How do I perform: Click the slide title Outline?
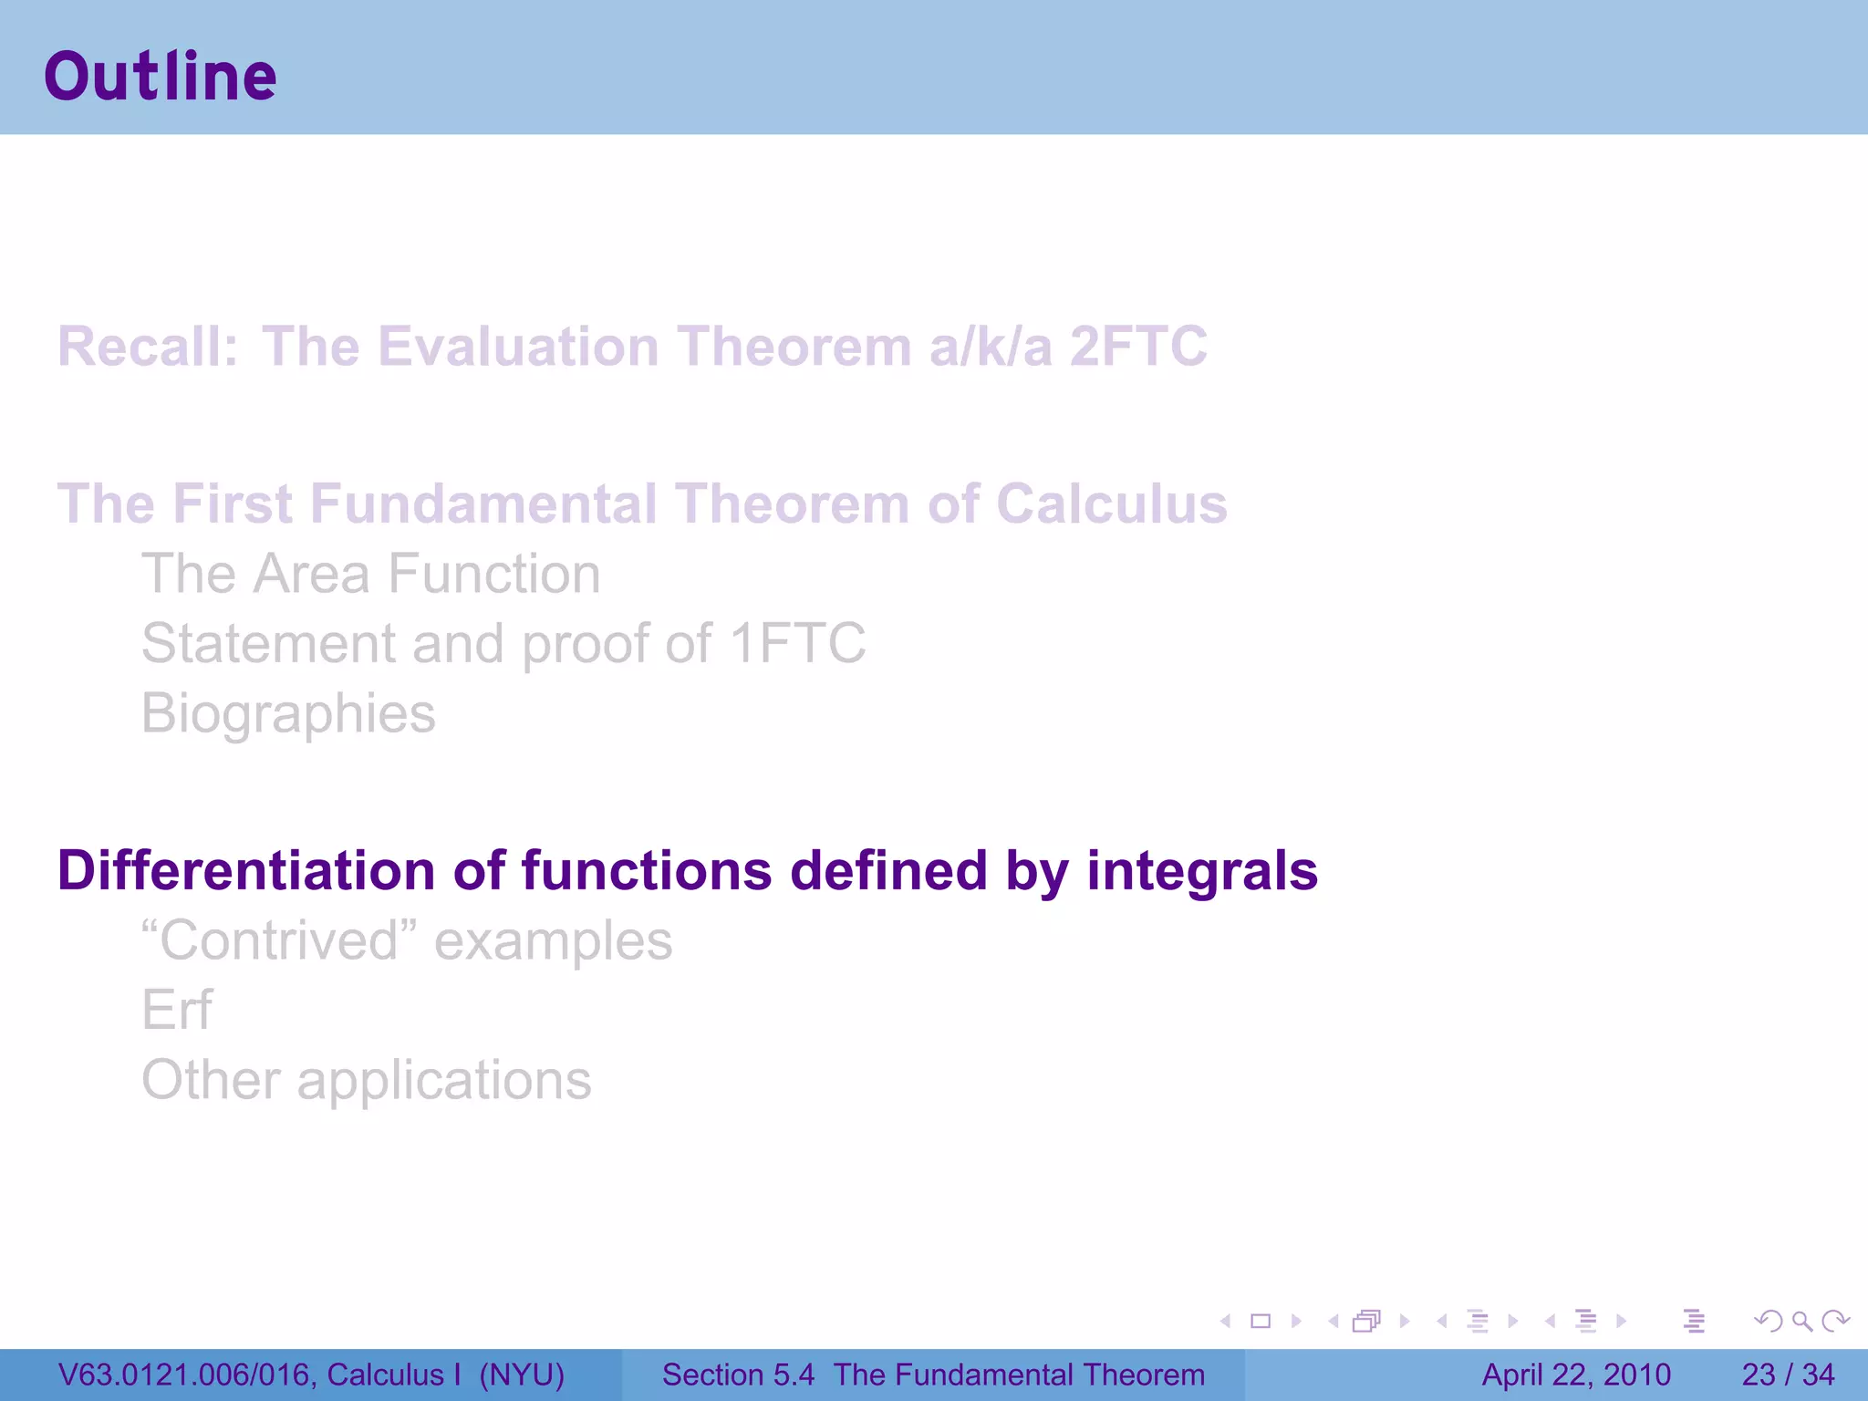161,77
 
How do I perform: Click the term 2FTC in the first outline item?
1138,347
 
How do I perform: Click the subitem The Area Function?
370,574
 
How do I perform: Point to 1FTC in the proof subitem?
797,644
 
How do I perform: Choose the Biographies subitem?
288,713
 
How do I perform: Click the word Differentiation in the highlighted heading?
246,870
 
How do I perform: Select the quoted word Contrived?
279,940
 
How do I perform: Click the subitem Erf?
177,1011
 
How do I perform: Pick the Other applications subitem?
367,1081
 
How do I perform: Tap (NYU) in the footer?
522,1375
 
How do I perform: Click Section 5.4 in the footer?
737,1375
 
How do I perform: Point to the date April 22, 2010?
1575,1375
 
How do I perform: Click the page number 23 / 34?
1788,1375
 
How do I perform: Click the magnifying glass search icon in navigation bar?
1801,1321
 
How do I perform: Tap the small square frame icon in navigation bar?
1261,1321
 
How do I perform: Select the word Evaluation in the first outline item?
517,347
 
